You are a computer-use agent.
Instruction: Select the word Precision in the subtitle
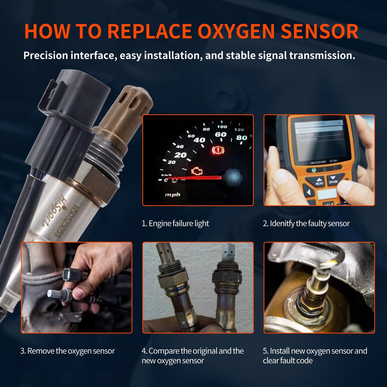(46, 55)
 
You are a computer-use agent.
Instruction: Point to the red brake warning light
(218, 150)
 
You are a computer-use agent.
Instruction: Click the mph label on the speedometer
(172, 194)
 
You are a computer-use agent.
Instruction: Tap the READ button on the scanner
(319, 182)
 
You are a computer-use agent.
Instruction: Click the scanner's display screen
(319, 139)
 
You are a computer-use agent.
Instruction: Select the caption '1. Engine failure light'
(175, 223)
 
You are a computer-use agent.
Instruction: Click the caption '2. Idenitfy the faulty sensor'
(306, 223)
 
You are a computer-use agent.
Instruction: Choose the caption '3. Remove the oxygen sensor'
(67, 351)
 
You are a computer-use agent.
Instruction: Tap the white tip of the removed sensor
(52, 294)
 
